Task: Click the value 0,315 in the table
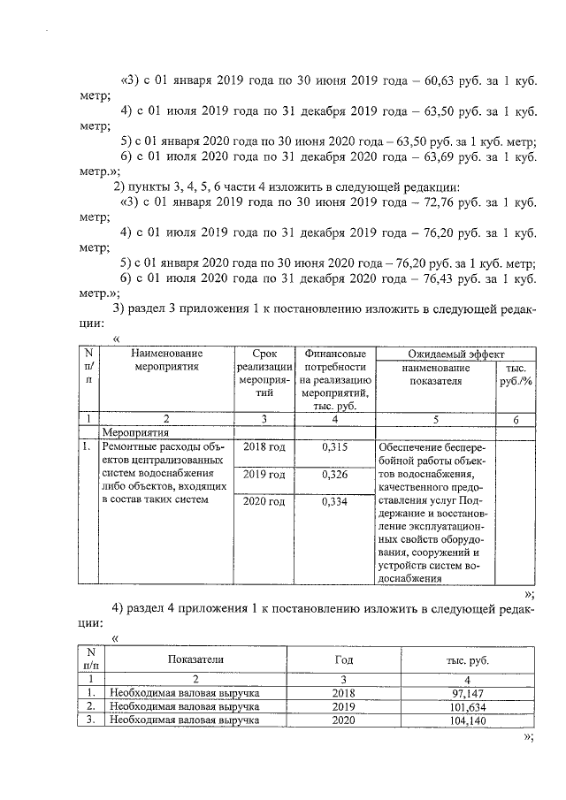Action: pyautogui.click(x=333, y=447)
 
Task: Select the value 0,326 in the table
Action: pyautogui.click(x=333, y=476)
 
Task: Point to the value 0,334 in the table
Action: pyautogui.click(x=333, y=503)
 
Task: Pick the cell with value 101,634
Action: pyautogui.click(x=464, y=707)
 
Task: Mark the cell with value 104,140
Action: pyautogui.click(x=464, y=721)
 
